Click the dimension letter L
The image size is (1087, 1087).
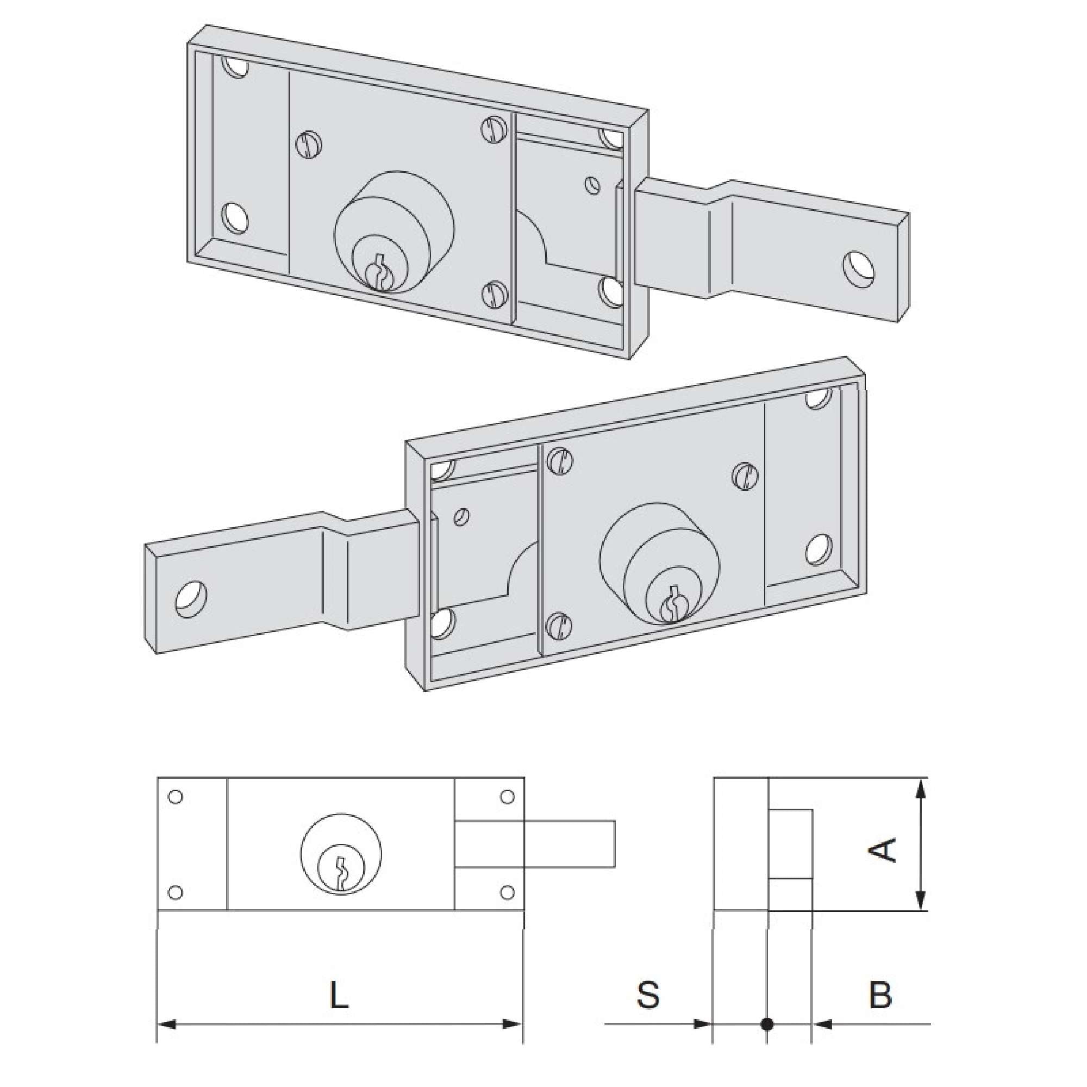[339, 995]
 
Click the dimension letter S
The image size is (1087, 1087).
[648, 994]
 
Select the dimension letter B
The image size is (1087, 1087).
[880, 994]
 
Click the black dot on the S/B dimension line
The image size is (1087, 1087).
[766, 1024]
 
